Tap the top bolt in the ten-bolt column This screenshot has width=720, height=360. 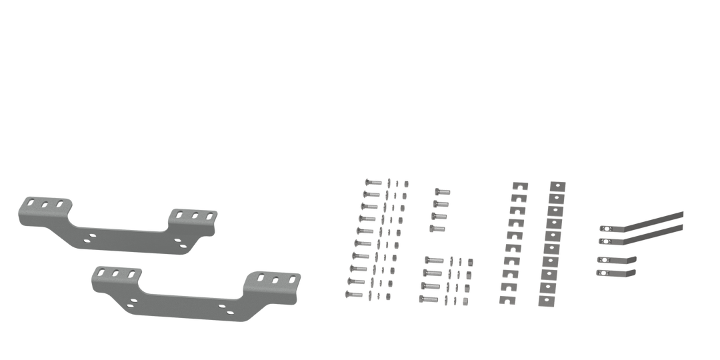coord(371,183)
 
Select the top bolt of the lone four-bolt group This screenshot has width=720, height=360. coord(442,191)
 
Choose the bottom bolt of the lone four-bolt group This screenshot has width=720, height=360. coord(437,229)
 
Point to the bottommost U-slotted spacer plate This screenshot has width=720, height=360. coord(508,299)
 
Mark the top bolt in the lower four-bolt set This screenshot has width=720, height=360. coord(432,261)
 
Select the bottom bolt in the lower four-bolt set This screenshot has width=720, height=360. coord(428,297)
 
